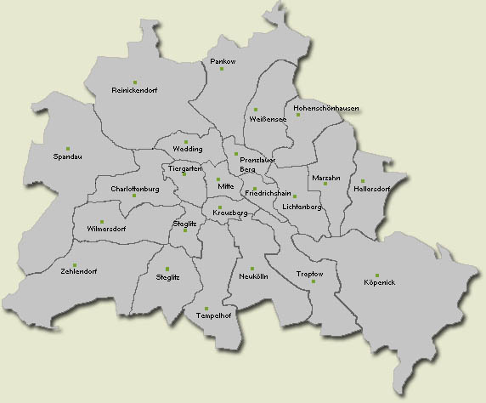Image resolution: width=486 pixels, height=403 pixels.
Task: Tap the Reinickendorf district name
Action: (135, 89)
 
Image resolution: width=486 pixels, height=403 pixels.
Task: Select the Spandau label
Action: (68, 156)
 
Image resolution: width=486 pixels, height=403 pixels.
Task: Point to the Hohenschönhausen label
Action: (325, 109)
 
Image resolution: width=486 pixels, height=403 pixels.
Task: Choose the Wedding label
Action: (188, 149)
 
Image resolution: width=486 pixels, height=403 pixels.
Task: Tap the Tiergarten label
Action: (184, 168)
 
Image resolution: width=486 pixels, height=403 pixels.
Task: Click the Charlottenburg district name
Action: (135, 189)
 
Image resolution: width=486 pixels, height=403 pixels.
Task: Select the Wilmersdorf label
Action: (105, 230)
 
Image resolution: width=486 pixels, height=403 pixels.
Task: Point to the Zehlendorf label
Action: (79, 271)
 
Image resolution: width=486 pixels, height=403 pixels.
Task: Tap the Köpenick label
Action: (380, 281)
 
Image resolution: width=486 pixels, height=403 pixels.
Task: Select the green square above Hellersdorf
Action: (362, 181)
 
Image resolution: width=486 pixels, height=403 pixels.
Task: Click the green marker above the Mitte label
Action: (218, 179)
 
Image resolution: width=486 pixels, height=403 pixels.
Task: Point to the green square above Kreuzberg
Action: (219, 207)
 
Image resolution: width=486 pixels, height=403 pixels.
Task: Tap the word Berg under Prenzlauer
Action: (248, 170)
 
